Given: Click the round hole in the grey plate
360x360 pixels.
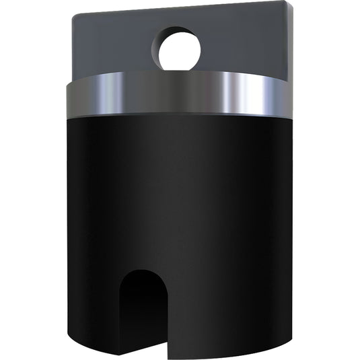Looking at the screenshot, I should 180,48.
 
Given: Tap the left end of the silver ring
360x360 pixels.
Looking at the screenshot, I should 69,98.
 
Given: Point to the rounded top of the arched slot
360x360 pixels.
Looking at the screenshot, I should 143,273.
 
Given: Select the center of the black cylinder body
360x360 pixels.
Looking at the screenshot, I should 180,215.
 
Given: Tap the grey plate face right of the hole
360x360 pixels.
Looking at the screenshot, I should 246,44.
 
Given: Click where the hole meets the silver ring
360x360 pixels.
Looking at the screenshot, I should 180,71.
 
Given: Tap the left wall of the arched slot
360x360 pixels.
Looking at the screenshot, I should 121,316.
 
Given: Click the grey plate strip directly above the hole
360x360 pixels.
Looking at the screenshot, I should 180,18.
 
